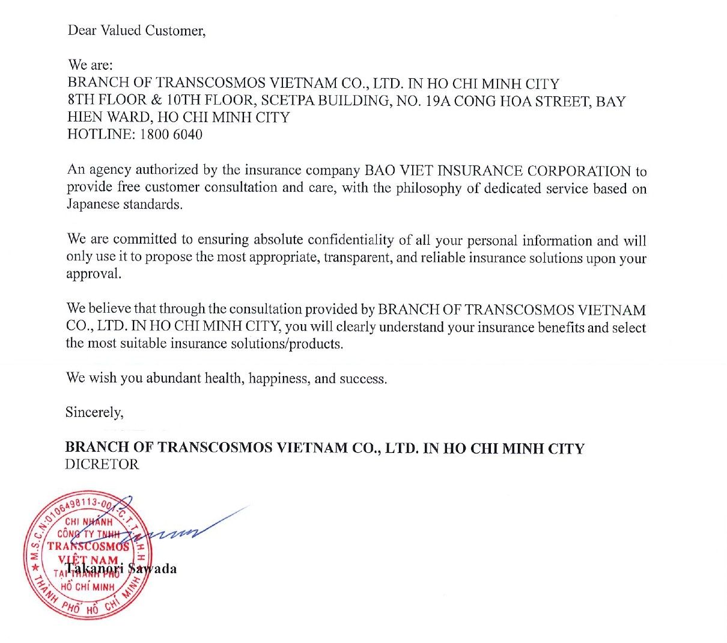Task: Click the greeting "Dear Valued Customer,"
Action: (136, 31)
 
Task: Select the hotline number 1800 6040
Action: (171, 135)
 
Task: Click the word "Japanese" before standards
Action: (93, 205)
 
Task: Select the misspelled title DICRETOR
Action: (102, 464)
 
